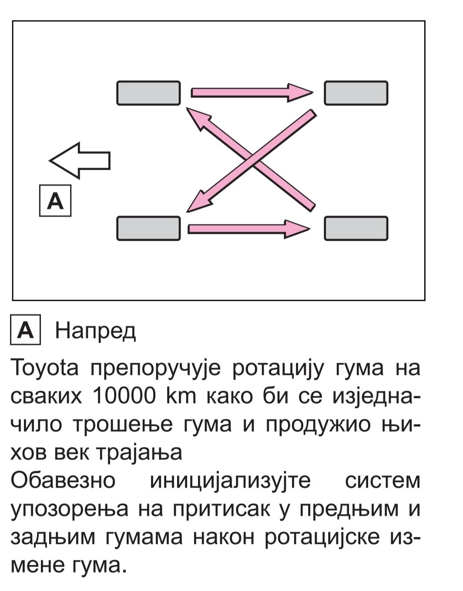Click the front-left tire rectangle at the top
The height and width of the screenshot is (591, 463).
(x=149, y=93)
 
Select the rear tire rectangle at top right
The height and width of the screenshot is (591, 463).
(x=356, y=93)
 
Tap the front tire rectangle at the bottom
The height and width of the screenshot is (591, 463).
(x=149, y=229)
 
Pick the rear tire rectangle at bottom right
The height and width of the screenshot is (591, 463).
(x=356, y=229)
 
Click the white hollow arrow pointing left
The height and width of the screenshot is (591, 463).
(x=80, y=160)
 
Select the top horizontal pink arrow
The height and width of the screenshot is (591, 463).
(x=252, y=93)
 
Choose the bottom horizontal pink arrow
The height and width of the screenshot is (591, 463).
(x=249, y=229)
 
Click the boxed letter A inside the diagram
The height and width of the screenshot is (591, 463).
(x=55, y=201)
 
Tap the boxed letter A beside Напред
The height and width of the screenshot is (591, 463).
(x=25, y=330)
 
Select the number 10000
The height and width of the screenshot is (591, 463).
(x=124, y=396)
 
